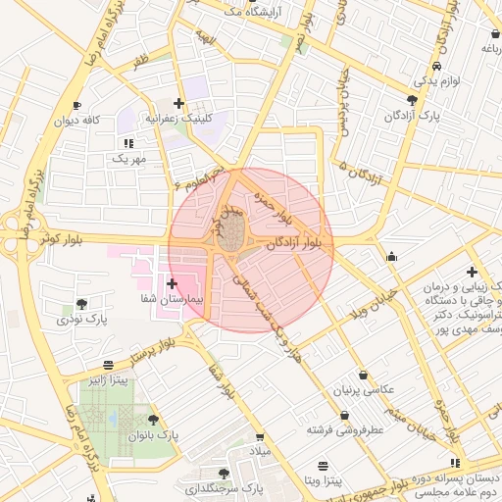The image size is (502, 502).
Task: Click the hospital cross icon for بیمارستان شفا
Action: pos(173,283)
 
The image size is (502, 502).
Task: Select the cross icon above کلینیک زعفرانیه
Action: pos(177,103)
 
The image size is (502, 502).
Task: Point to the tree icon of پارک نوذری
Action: pos(81,303)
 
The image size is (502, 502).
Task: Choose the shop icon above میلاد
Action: pos(260,438)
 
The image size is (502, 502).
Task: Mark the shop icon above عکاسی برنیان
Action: pos(365,375)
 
